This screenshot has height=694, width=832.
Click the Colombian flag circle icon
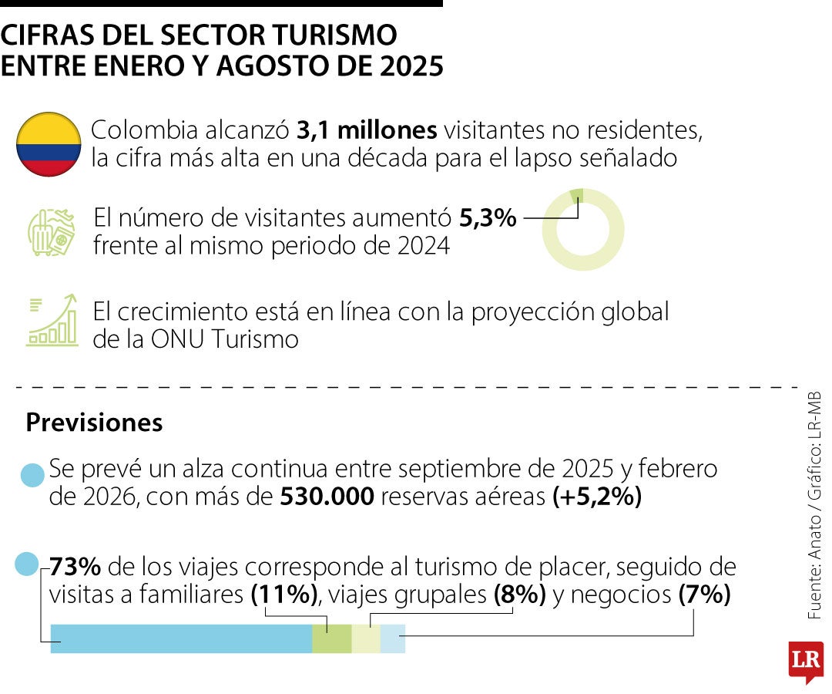49,144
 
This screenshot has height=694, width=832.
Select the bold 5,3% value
488,219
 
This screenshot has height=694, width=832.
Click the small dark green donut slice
577,196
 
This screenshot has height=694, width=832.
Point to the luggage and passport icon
51,231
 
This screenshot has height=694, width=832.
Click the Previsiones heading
94,423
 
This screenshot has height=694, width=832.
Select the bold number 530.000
327,497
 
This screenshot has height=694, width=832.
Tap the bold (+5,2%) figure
597,497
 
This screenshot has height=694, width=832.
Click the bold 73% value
75,568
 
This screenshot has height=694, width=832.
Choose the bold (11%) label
284,595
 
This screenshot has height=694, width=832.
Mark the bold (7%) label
704,595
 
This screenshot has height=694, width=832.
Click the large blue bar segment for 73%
181,639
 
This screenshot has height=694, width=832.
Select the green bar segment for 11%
332,639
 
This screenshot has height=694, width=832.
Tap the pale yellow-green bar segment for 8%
366,639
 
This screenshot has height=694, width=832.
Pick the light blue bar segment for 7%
392,639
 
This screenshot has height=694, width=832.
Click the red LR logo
805,660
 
